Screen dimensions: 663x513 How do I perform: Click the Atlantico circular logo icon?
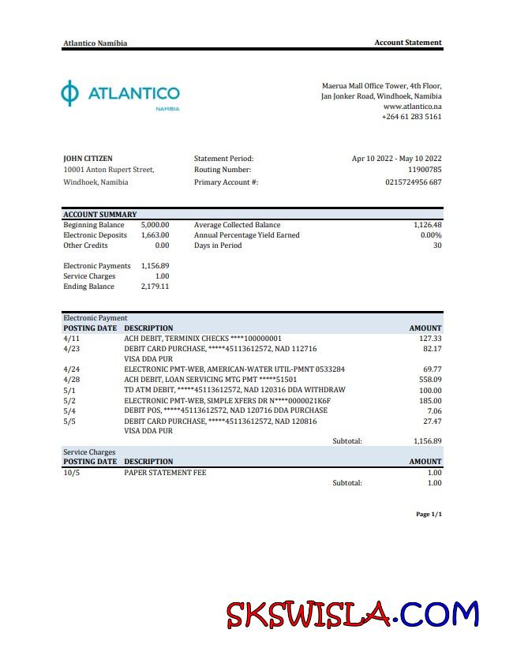pos(70,93)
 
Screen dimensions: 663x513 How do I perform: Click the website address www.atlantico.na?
pos(412,106)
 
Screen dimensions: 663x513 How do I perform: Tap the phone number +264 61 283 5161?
pos(411,117)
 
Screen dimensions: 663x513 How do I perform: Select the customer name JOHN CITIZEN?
pos(88,159)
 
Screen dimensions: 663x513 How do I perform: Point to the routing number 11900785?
pos(425,170)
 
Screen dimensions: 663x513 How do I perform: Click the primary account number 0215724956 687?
pos(413,182)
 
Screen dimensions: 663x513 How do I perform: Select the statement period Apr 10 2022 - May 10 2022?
pos(396,159)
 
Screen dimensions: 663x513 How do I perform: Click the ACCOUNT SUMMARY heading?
pos(100,214)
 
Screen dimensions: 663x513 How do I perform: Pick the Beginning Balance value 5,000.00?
pos(155,225)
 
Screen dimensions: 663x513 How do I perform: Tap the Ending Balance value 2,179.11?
pos(155,287)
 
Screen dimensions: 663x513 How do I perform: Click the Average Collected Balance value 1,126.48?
pos(427,225)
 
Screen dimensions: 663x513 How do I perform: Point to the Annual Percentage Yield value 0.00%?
pos(431,235)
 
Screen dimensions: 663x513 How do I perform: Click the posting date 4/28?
pos(71,380)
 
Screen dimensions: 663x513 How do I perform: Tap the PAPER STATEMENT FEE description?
pos(165,473)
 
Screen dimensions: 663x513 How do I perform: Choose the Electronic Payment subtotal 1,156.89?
pos(427,441)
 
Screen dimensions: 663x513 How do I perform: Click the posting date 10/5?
pos(71,473)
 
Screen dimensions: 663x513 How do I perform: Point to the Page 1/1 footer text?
pos(429,515)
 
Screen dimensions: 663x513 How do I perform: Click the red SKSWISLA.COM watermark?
pos(353,614)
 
